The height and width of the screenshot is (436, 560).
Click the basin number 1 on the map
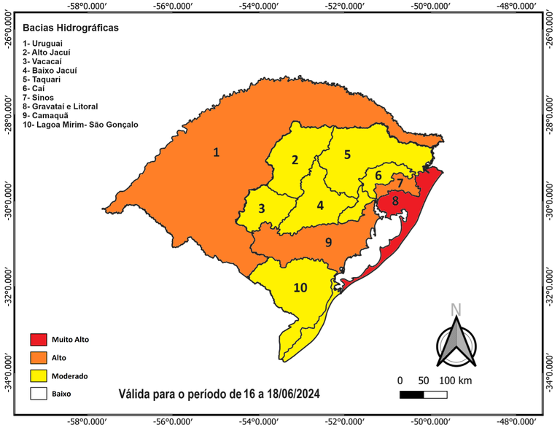point(216,152)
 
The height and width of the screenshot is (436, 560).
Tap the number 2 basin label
point(295,160)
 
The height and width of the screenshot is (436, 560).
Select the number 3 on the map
point(261,209)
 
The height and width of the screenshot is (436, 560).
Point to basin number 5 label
point(347,154)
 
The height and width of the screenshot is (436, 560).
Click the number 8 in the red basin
point(394,201)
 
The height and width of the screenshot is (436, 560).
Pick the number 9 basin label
point(328,242)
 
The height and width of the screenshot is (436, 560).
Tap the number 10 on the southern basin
point(300,287)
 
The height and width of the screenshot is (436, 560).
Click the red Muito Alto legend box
point(38,340)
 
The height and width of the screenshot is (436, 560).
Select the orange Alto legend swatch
point(38,358)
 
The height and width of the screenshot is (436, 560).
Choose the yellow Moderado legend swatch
point(38,376)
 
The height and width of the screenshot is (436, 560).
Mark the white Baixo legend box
point(38,394)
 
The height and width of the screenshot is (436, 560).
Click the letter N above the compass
point(456,308)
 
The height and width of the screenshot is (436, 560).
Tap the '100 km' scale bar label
point(456,381)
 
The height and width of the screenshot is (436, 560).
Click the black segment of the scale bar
point(412,395)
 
